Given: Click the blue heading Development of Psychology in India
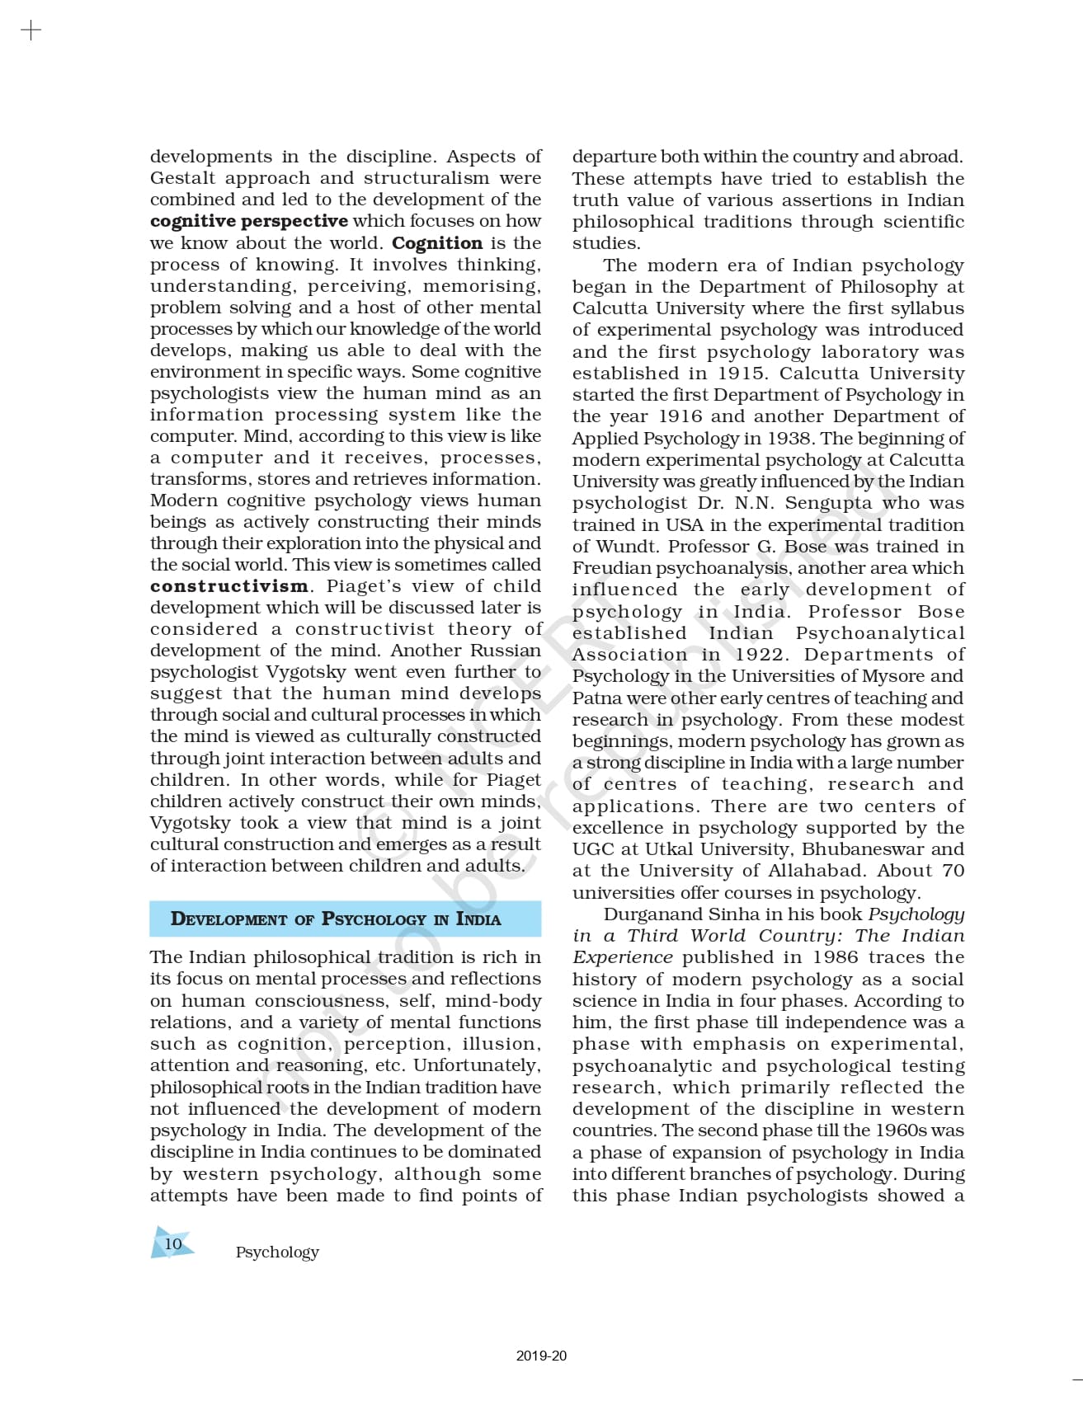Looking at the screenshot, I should click(336, 919).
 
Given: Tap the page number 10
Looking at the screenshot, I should click(172, 1243).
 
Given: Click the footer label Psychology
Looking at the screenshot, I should click(277, 1252).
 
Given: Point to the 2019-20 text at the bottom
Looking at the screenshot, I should click(541, 1356).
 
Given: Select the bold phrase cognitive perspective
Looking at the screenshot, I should click(249, 221).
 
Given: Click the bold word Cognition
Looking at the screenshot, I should click(437, 243).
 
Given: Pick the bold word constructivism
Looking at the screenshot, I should click(229, 586).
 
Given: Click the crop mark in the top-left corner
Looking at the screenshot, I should click(30, 31).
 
